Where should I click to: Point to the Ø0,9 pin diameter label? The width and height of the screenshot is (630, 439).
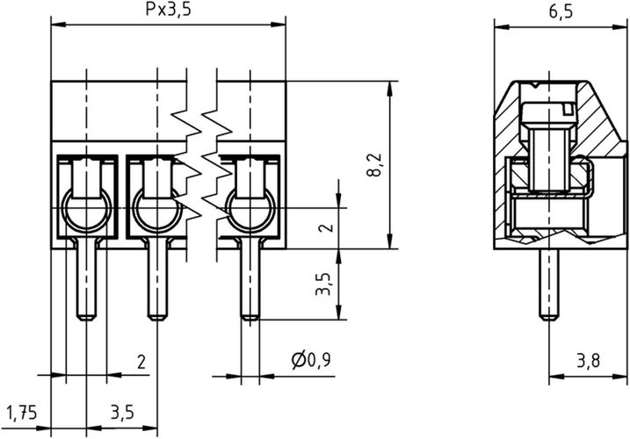tap(309, 361)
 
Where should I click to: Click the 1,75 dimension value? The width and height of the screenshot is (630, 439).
tap(22, 412)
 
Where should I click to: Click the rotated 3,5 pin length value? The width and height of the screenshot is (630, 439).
tap(322, 284)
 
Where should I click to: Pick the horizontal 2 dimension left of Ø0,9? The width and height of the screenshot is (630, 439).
tap(140, 361)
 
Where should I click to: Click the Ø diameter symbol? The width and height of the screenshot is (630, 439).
tap(296, 361)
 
